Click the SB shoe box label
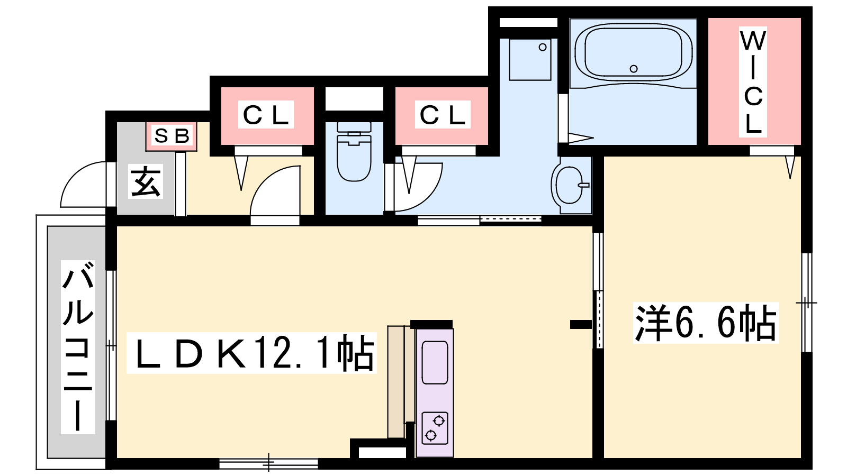pos(172,136)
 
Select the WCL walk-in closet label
pos(753,81)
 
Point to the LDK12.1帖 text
pos(251,353)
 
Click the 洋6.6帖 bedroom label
pos(706,323)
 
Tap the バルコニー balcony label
pos(78,347)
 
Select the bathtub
pos(634,56)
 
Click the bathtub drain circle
pos(634,69)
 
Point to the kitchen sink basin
pos(435,362)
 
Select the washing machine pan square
pos(530,59)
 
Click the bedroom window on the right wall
pos(807,303)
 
